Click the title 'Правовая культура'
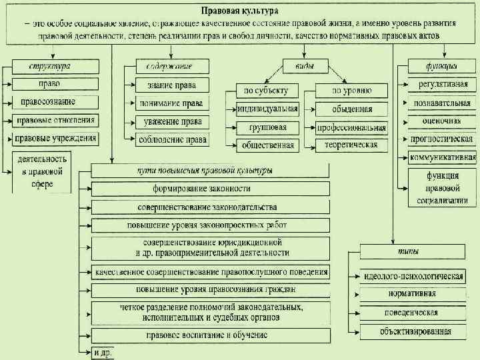click(x=241, y=11)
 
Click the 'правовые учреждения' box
click(x=55, y=139)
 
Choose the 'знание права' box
click(x=172, y=85)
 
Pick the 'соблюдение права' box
click(x=173, y=139)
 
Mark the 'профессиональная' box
click(x=351, y=127)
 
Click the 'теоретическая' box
click(x=351, y=145)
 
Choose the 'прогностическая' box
click(x=441, y=139)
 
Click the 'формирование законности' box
click(x=211, y=189)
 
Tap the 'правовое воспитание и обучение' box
click(x=211, y=335)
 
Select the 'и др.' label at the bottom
click(x=102, y=351)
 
